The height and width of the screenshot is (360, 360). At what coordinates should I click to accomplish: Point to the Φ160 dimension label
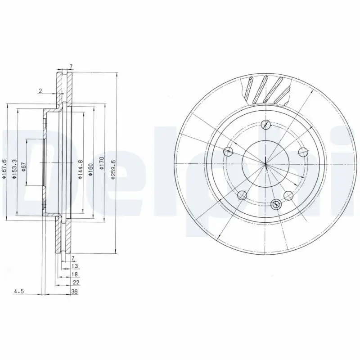pos(91,168)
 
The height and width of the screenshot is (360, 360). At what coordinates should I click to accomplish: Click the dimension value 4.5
pos(18,292)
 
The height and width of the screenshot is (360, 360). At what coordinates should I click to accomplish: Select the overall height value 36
pos(74,292)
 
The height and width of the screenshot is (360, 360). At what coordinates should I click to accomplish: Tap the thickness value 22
pos(76,282)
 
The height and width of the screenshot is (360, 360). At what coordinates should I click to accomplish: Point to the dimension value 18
pos(75,274)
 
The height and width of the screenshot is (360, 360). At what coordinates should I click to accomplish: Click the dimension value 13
pos(75,266)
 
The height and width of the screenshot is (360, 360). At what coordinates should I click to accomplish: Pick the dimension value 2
pos(40,91)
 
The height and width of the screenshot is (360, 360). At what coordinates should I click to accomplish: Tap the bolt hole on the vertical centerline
pos(265,125)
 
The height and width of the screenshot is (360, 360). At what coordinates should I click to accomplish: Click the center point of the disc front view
pos(265,163)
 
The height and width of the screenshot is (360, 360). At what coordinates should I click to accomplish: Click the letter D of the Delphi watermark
pos(27,166)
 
